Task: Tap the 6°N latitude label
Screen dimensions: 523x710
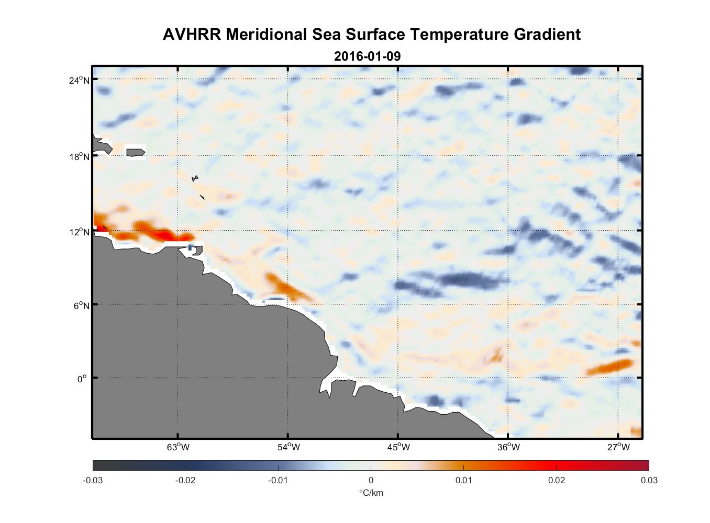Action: pyautogui.click(x=82, y=305)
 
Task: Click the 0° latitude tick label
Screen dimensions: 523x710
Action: pyautogui.click(x=82, y=379)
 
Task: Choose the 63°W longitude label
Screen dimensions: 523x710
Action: pyautogui.click(x=179, y=447)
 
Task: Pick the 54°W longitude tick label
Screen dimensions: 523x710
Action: pyautogui.click(x=289, y=447)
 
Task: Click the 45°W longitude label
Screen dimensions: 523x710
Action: pyautogui.click(x=398, y=447)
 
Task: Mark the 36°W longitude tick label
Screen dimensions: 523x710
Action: pyautogui.click(x=508, y=447)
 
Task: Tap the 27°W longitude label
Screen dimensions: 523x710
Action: pyautogui.click(x=618, y=447)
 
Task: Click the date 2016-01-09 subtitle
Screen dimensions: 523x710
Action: pyautogui.click(x=367, y=56)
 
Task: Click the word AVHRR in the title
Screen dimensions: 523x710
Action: pyautogui.click(x=192, y=35)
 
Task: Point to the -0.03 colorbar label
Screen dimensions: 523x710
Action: pyautogui.click(x=93, y=480)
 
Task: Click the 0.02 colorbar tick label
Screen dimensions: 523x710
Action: pyautogui.click(x=556, y=480)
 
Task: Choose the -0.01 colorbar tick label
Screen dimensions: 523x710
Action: pyautogui.click(x=278, y=480)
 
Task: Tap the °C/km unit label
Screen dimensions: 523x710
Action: pyautogui.click(x=371, y=493)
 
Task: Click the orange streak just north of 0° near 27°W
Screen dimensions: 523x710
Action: pyautogui.click(x=610, y=367)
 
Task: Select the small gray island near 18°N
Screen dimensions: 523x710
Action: pyautogui.click(x=136, y=152)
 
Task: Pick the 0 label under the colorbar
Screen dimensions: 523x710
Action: pyautogui.click(x=371, y=480)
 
